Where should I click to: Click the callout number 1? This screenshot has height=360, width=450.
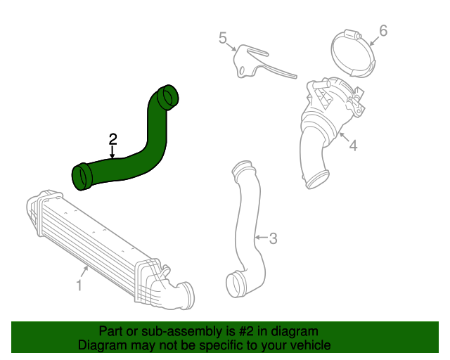[79, 286]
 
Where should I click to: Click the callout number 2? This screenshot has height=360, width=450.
[112, 139]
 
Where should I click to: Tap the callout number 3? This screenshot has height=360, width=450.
[274, 238]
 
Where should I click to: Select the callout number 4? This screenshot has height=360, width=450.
[353, 146]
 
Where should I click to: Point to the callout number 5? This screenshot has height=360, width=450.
[222, 37]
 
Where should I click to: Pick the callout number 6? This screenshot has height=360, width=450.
[383, 30]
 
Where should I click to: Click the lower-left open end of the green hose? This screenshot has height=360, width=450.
[81, 176]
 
